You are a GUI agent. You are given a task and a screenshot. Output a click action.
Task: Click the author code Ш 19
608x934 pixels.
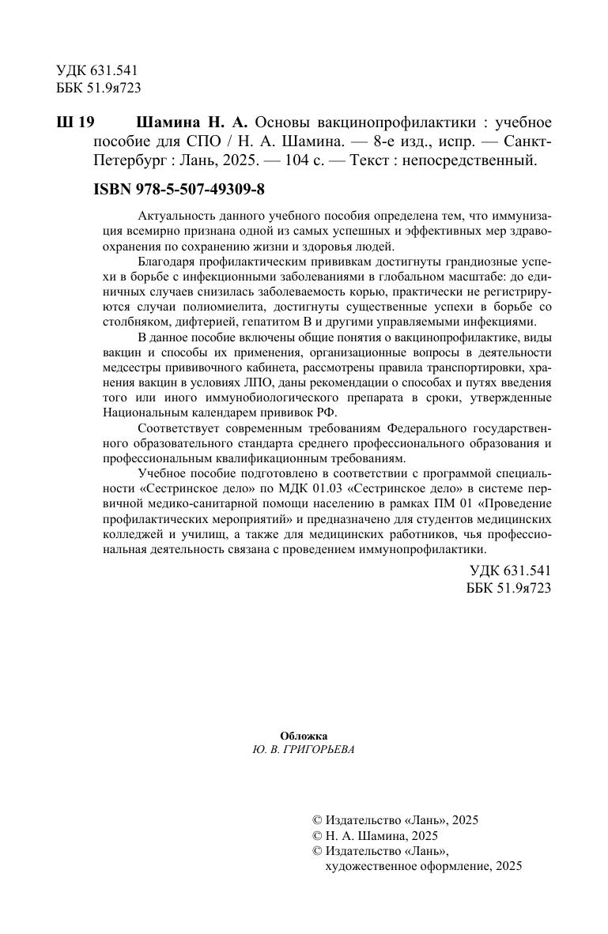[x=76, y=123]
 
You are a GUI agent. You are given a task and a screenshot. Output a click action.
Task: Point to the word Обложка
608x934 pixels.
[x=304, y=736]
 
